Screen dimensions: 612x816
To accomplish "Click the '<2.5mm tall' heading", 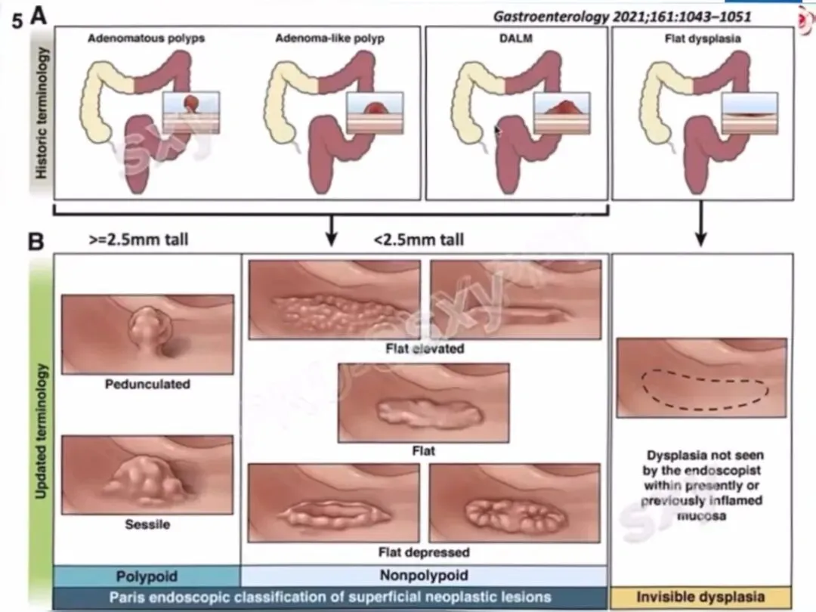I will coord(419,240).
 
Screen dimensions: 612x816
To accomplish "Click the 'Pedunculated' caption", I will coord(147,384).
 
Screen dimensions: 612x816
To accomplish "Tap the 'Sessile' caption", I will coord(147,523).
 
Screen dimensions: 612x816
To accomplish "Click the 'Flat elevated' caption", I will coord(425,348).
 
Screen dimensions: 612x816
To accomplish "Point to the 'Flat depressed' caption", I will coord(425,552).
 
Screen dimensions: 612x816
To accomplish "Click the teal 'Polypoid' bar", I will coord(147,576).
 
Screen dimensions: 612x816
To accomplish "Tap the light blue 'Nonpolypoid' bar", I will coord(424,576).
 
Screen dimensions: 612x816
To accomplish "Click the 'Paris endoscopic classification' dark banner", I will coord(330,597).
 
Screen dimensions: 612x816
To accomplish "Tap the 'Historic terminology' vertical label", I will coord(42,113).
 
